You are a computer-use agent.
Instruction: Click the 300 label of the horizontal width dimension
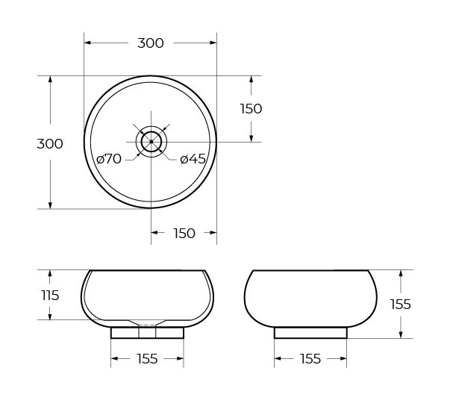[x=150, y=43]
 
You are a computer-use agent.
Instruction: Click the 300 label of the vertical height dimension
[x=49, y=143]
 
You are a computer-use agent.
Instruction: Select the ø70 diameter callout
[x=109, y=158]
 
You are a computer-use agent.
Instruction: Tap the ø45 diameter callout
[x=193, y=158]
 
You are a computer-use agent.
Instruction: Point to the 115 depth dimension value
[x=49, y=295]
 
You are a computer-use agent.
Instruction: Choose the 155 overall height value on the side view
[x=401, y=304]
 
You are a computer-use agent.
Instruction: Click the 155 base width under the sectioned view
[x=147, y=359]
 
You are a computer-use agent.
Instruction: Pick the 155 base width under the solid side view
[x=310, y=359]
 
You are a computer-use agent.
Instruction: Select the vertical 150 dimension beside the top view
[x=251, y=109]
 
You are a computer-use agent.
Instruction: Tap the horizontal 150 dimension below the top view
[x=184, y=234]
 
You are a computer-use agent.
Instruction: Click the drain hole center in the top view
[x=151, y=141]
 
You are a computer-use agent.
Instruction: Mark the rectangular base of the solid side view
[x=310, y=333]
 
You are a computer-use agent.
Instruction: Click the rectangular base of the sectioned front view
[x=147, y=333]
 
